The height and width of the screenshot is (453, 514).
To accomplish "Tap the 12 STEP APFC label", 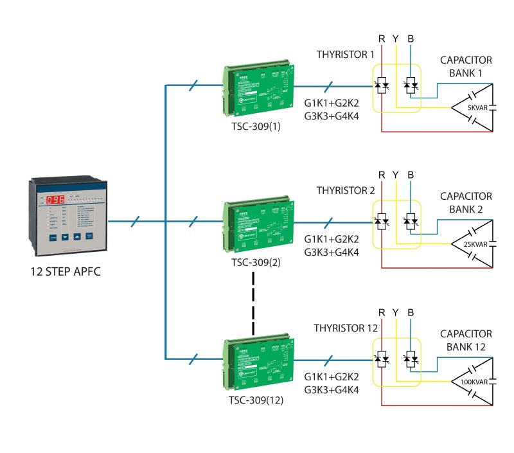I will (x=66, y=271).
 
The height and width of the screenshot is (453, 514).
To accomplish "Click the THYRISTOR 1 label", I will (x=345, y=55).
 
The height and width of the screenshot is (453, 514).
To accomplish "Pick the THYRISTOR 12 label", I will (x=345, y=328).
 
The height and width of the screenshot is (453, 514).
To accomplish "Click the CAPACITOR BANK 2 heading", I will (x=466, y=203).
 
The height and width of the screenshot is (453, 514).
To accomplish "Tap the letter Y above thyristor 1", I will (x=396, y=39).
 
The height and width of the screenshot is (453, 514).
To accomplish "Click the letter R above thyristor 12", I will (x=382, y=313).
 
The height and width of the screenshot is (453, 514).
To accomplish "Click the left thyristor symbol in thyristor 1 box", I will (x=382, y=85).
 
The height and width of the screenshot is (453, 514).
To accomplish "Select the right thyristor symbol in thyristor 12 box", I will (x=411, y=359).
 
